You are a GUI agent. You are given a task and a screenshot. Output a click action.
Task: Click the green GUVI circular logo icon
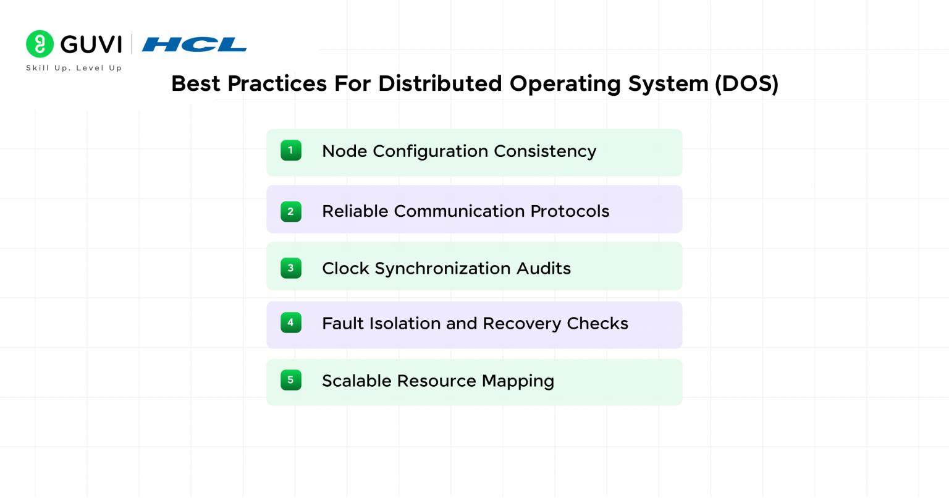point(40,44)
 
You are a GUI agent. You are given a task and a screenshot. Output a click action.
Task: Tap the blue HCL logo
point(194,44)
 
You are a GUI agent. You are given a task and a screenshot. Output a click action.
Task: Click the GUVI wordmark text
point(91,44)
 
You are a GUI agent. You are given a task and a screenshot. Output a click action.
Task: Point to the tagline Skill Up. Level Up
point(74,68)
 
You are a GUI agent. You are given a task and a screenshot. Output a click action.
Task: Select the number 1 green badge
point(290,151)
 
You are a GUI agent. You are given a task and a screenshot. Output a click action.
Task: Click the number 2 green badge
point(290,211)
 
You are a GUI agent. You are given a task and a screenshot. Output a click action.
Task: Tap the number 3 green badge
point(290,268)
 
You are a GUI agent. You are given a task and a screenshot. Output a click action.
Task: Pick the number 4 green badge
point(290,323)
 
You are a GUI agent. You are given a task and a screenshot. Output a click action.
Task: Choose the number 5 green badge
point(290,380)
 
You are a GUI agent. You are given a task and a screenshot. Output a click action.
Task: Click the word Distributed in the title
point(440,83)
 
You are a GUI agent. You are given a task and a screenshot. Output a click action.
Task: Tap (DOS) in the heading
point(746,83)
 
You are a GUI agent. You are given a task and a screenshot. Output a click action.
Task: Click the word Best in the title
point(196,83)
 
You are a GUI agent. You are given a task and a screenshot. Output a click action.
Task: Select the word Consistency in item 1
point(545,152)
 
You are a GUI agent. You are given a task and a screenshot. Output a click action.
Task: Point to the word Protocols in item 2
point(570,211)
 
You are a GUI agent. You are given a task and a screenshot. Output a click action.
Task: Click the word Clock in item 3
point(346,268)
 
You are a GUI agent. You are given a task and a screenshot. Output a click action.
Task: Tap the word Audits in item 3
point(544,268)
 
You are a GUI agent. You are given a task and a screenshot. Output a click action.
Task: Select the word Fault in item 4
point(343,323)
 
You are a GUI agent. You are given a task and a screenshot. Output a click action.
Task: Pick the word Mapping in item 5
point(518,381)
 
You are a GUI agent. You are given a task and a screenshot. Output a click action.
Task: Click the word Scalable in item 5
point(356,381)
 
